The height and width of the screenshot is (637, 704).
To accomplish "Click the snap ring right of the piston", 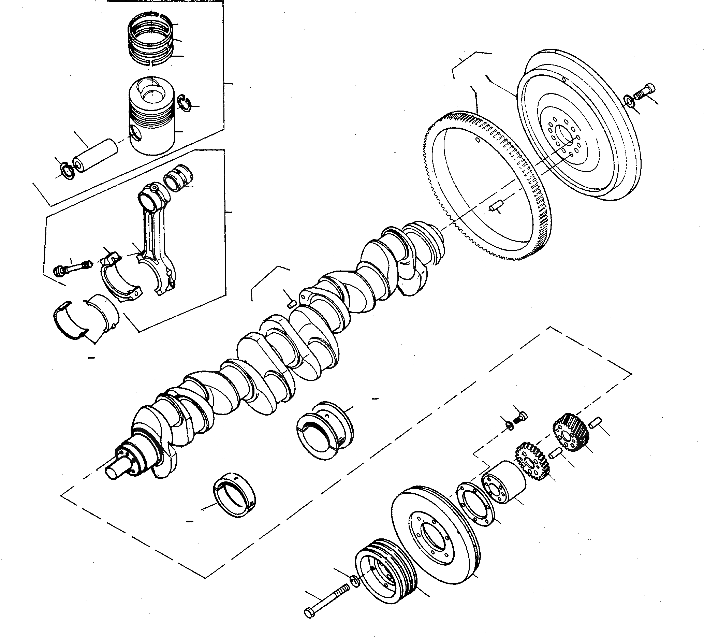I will pos(185,103).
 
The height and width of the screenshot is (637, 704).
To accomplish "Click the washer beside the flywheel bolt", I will pos(629,102).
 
